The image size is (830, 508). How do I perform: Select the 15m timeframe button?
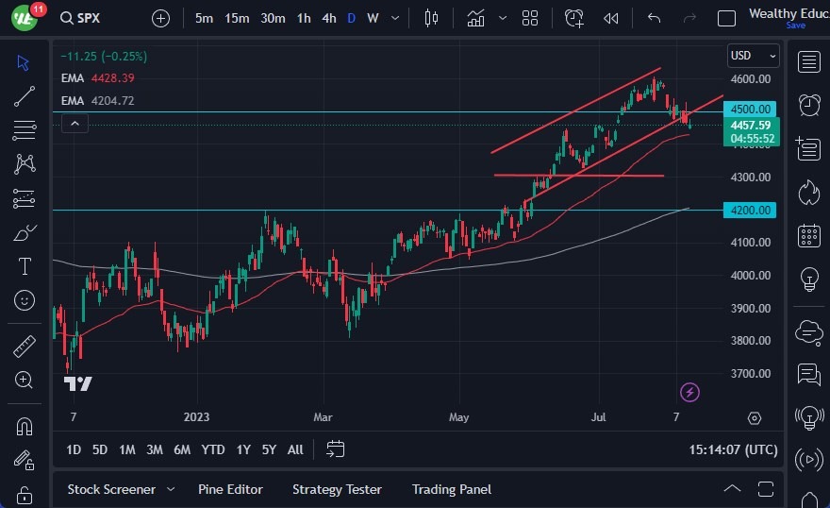point(237,18)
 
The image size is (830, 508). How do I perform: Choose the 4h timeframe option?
point(328,18)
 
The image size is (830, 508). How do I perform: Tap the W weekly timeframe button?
point(373,18)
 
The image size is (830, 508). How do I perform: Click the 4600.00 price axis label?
point(752,79)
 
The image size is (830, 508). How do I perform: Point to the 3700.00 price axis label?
point(752,373)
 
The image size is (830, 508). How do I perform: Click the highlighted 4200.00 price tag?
point(751,210)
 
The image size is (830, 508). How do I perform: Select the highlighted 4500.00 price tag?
point(751,109)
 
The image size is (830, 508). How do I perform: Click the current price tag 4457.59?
point(751,125)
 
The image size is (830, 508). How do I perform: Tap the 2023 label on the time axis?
point(197,416)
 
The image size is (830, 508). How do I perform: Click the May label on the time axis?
point(458,416)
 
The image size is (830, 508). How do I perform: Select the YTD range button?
point(213,449)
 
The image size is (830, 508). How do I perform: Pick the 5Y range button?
point(269,449)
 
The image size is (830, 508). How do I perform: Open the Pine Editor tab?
point(230,489)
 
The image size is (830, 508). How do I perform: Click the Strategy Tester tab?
point(337,489)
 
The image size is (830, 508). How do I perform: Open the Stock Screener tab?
point(110,489)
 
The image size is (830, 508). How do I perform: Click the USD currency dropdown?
point(753,56)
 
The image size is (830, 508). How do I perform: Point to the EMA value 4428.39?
point(113,78)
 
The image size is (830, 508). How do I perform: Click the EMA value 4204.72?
point(113,100)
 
